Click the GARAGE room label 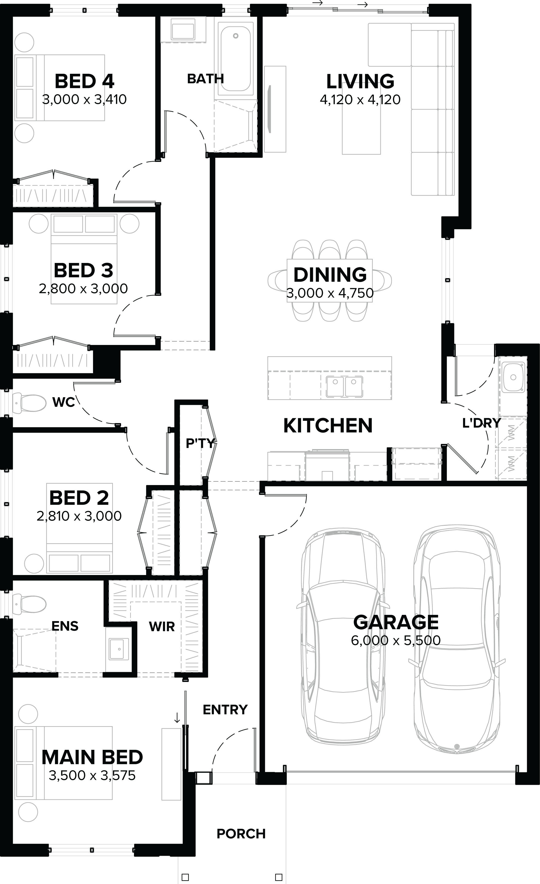point(396,622)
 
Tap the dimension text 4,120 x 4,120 point(360,100)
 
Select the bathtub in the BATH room point(235,59)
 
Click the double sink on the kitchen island point(344,386)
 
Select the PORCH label point(241,833)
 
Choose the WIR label point(162,626)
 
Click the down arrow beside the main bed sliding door point(177,717)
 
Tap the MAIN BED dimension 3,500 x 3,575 point(92,776)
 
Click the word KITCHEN point(328,425)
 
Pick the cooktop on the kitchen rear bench point(327,465)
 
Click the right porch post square point(278,877)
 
